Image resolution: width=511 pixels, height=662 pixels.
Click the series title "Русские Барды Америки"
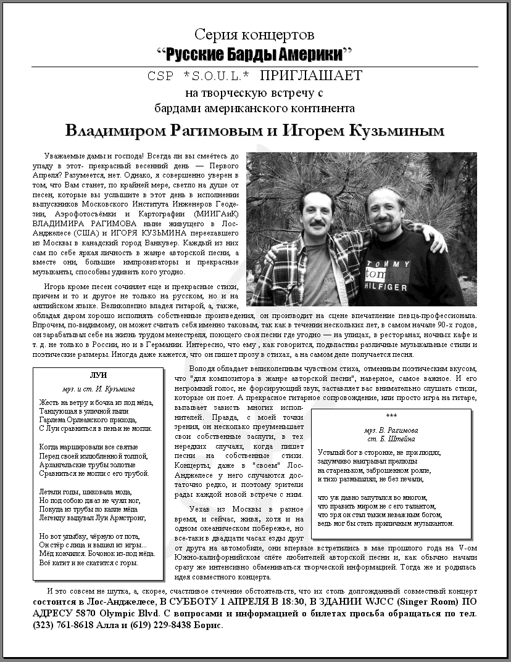(x=255, y=54)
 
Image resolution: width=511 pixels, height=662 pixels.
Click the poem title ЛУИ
(x=99, y=376)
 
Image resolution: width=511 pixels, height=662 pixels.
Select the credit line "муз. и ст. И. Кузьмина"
(x=99, y=390)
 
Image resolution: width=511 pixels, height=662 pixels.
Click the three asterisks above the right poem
(x=391, y=417)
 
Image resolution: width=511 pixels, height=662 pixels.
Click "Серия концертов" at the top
(x=254, y=35)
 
